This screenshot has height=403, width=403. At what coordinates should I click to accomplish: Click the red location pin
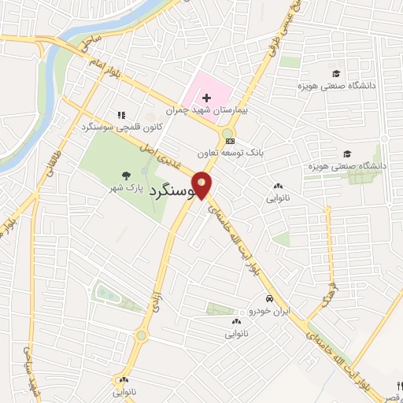point(203,184)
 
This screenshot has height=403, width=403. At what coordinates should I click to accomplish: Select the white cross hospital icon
point(206,98)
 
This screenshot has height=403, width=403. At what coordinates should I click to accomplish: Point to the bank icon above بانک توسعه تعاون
point(229,140)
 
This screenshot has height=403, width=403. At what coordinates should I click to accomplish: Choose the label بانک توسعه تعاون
point(230,151)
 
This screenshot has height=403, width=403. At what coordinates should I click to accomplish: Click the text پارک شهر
point(128,189)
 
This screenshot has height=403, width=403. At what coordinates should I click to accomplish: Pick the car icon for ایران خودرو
point(270,299)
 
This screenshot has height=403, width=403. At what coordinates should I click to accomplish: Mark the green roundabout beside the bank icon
point(228,131)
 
